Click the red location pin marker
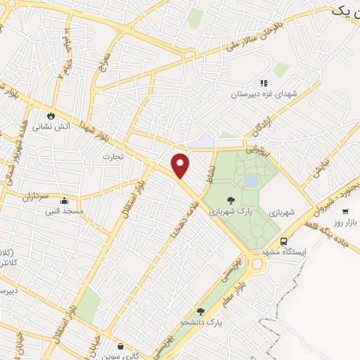coord(181,165)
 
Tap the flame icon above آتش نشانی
coord(51,115)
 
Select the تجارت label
coord(112,156)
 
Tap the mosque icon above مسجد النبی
coord(64,200)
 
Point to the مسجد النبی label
coord(64,211)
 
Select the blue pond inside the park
coord(250,181)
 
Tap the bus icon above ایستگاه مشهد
coord(283,240)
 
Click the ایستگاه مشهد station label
coord(284,252)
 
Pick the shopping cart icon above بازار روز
coord(345,211)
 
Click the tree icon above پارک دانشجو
coord(200,311)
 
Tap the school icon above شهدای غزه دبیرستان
coord(264,83)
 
